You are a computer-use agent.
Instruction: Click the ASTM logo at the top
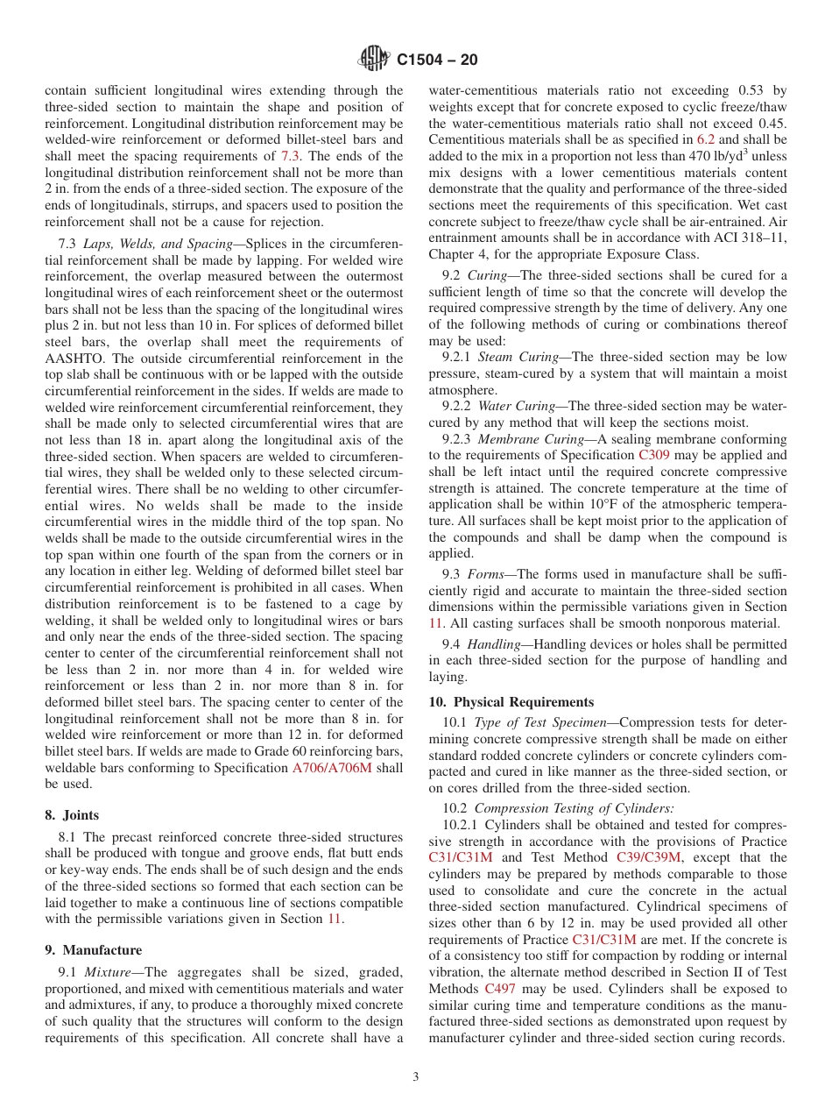point(375,60)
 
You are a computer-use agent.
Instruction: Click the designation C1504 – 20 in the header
point(436,60)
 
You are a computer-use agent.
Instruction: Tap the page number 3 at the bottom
point(416,1077)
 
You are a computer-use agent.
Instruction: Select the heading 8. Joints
point(72,814)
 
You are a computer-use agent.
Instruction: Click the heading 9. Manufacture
point(93,950)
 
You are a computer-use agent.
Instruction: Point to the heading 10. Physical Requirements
point(511,702)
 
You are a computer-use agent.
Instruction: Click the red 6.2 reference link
point(705,139)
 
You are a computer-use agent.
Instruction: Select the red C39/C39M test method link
point(648,857)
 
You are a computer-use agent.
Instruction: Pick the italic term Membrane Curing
point(533,439)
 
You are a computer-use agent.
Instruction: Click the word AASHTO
point(76,359)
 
